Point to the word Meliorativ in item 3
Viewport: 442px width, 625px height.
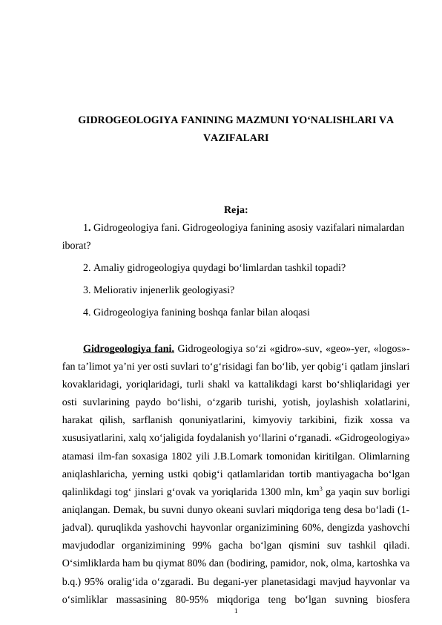118,289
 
